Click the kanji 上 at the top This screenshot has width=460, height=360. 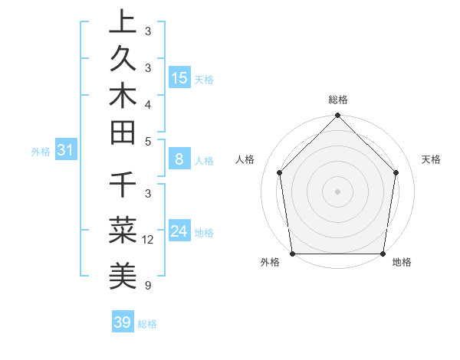point(123,22)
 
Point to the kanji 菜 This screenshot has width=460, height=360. point(123,227)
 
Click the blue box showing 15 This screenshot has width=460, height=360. point(179,77)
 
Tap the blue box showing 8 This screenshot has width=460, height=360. point(179,159)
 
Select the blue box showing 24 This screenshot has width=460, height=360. point(179,231)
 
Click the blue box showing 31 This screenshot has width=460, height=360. point(66,150)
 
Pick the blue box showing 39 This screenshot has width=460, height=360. point(122,322)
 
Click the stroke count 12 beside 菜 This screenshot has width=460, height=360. point(149,240)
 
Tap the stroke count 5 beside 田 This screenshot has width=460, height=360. point(147,141)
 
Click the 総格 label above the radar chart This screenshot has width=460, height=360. point(338,100)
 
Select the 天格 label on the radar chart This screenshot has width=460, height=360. point(431,159)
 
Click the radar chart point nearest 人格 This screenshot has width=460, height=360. point(280,172)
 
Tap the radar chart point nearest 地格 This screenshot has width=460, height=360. point(383,254)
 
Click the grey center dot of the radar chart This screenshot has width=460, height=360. point(338,191)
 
